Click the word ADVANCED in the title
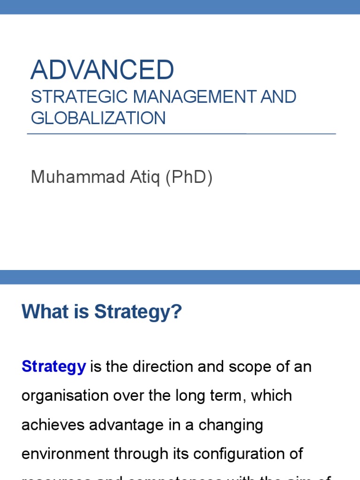pyautogui.click(x=102, y=70)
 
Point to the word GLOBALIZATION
pyautogui.click(x=98, y=118)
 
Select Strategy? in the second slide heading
pyautogui.click(x=138, y=312)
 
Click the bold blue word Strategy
pyautogui.click(x=53, y=366)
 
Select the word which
pyautogui.click(x=271, y=395)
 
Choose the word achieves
pyautogui.click(x=51, y=425)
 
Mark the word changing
pyautogui.click(x=231, y=425)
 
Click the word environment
pyautogui.click(x=60, y=454)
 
